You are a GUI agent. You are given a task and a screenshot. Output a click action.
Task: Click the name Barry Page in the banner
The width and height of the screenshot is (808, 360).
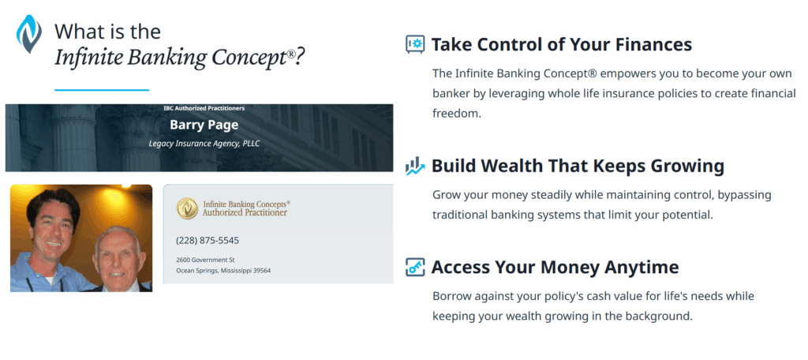point(204,125)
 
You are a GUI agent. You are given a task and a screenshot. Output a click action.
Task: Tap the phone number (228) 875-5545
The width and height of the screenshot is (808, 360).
point(207,240)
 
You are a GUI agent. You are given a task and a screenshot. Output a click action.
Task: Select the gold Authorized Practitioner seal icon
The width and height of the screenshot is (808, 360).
point(187,208)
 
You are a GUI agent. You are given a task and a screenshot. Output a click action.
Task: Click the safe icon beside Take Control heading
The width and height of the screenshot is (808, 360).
point(415,44)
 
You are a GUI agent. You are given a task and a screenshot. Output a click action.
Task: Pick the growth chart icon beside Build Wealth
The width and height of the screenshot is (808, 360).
point(415,166)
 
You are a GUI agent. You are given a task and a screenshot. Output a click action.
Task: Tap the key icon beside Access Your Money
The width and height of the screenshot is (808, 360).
point(415,267)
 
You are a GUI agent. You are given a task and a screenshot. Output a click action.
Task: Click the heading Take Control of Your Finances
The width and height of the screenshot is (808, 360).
point(561,44)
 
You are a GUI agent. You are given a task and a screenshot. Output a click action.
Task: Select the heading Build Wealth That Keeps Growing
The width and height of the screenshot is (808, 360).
point(578,166)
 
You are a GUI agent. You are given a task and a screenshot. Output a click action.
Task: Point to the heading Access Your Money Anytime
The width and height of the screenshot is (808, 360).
point(555,267)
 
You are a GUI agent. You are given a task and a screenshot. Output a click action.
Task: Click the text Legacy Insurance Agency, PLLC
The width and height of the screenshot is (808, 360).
point(204,144)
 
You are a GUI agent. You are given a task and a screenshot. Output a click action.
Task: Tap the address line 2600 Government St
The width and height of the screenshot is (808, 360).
point(205,260)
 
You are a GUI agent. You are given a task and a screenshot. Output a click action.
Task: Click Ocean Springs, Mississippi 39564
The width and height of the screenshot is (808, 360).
point(223,271)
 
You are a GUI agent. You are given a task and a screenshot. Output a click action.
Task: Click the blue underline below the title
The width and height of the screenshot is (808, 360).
point(101,90)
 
